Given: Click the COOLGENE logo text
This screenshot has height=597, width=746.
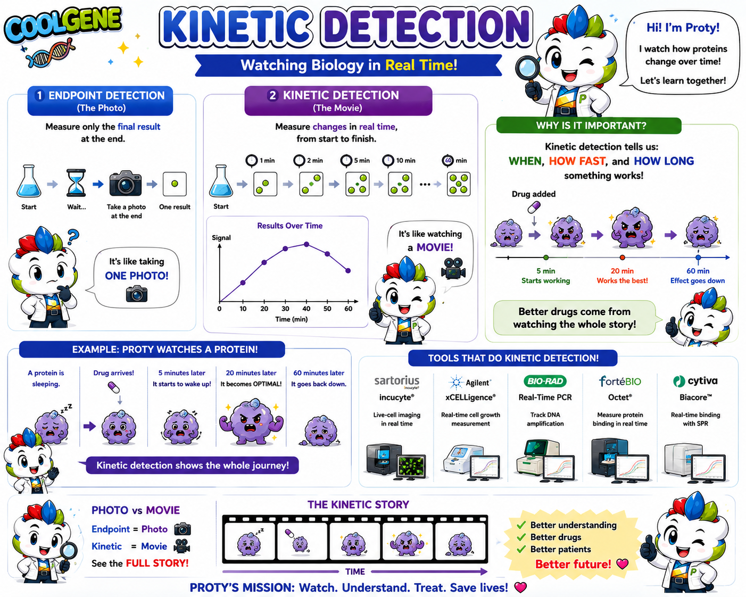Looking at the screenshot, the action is coord(63,25).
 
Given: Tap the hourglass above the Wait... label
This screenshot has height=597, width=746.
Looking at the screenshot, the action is coord(76,183).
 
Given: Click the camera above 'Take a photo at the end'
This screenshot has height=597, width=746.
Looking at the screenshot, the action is coord(126,183).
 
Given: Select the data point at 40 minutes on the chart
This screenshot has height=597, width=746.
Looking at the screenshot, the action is coord(306,244).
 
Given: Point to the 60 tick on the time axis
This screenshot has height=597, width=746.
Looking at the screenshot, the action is coord(349,308).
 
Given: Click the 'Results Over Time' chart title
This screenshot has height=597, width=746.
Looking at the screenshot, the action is coord(290,226).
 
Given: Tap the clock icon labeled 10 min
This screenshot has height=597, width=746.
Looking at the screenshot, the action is coord(388,161).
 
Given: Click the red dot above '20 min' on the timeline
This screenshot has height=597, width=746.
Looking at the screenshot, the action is coord(622,257).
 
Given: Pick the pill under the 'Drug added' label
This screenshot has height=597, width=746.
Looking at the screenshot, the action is coord(534,207).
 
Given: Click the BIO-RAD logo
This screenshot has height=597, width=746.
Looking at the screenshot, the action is coord(545,382).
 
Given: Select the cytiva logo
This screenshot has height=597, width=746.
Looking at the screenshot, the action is coord(695,381).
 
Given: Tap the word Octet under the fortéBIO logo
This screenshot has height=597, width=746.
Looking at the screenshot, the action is coord(620,397).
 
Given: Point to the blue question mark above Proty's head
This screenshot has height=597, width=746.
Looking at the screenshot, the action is coord(72,236).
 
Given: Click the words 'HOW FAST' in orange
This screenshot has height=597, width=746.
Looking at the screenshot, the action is coord(577,161).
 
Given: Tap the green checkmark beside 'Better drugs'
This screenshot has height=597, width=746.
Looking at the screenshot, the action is coord(521,537).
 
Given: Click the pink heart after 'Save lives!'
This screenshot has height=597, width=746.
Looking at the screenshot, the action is coord(520,587).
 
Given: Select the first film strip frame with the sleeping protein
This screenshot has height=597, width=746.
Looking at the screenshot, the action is coord(250,541).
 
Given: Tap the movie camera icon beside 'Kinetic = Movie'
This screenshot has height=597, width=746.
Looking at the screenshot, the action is coord(181,546).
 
